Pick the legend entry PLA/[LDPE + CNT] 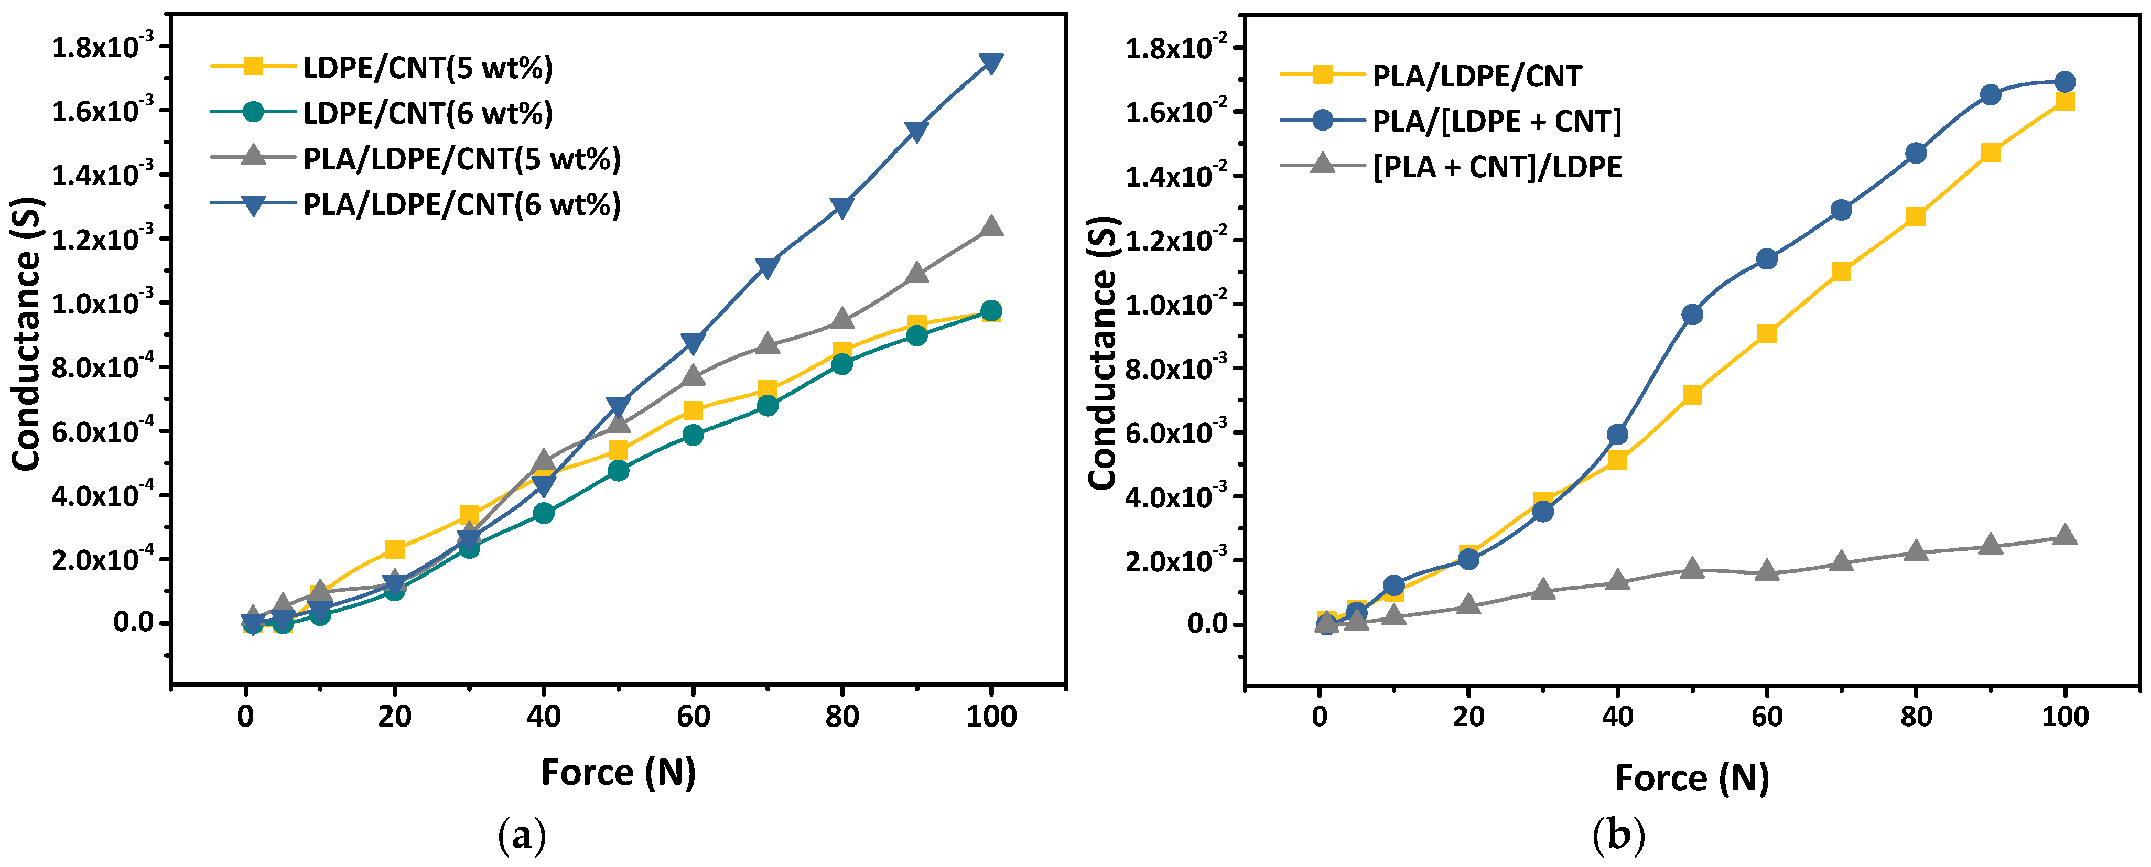[1496, 121]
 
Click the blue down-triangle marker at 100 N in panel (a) [991, 63]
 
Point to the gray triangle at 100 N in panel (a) [991, 226]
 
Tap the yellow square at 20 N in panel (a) [395, 549]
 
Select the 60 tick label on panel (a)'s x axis [693, 717]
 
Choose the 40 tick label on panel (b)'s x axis [1617, 717]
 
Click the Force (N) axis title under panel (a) [618, 773]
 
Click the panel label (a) [522, 835]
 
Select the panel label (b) [1618, 835]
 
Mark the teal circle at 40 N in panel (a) [544, 513]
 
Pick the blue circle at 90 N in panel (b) [1991, 94]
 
